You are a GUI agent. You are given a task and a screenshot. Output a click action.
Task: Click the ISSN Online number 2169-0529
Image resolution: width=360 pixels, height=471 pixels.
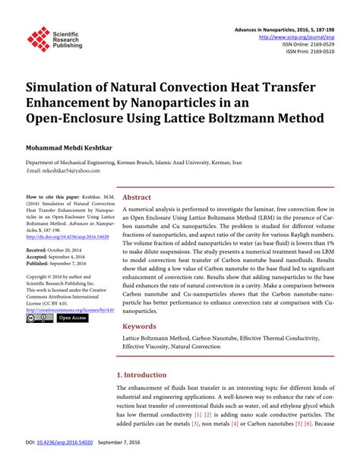[318, 45]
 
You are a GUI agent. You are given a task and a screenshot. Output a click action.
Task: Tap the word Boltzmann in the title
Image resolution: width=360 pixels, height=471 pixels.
[244, 119]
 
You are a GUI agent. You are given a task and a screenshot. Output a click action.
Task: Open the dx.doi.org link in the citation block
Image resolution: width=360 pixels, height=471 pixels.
[65, 235]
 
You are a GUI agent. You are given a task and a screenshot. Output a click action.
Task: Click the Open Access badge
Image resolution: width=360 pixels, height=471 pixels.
[73, 318]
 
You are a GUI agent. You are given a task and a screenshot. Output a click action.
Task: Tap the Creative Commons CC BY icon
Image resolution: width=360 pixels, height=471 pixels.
[39, 318]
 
